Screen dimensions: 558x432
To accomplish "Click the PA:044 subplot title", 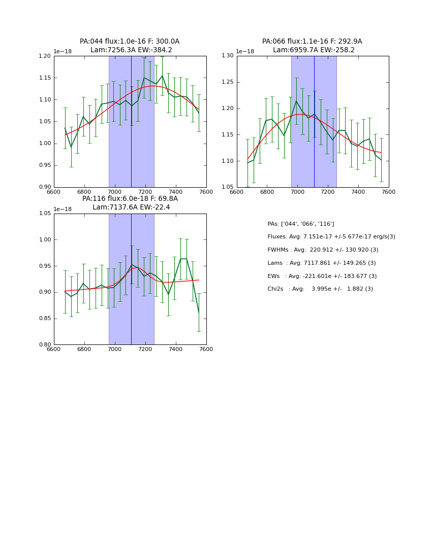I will point(130,46).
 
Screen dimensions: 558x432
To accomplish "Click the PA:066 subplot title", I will point(312,46).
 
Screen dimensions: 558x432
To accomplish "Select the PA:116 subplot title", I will point(130,203).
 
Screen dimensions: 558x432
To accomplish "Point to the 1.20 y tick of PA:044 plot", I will point(45,56).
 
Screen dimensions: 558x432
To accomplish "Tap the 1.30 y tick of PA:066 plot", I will point(228,56).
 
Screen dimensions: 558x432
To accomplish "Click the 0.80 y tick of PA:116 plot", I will point(45,344).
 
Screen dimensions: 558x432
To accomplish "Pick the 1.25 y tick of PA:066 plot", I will point(228,82).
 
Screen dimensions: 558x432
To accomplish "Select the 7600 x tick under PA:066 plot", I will point(389,192).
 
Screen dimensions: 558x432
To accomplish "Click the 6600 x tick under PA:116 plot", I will point(54,349).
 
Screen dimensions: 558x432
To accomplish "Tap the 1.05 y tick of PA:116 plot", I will point(45,214).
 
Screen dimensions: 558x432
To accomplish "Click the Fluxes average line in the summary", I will point(331,237).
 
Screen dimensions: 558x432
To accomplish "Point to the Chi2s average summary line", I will point(320,289).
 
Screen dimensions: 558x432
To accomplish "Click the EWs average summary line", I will point(322,276).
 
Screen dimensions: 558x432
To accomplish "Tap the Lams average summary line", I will point(322,263).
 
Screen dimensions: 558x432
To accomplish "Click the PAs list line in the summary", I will point(301,224).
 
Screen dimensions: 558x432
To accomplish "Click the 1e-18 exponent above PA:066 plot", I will point(245,52).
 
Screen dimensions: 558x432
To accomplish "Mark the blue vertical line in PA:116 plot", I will point(131,304).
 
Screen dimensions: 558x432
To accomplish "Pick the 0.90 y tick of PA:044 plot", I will point(45,187).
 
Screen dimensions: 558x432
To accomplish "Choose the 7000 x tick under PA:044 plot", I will point(115,192).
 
